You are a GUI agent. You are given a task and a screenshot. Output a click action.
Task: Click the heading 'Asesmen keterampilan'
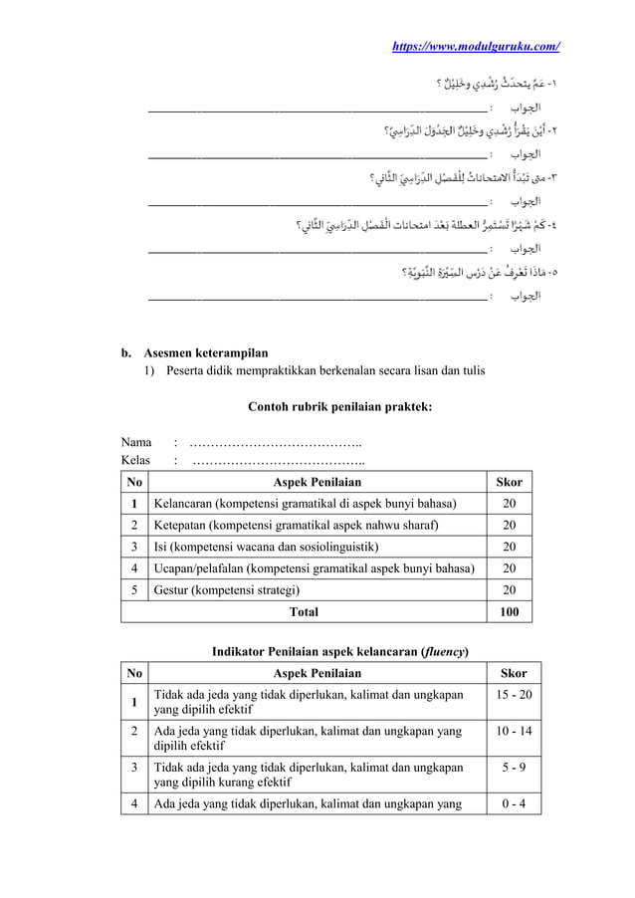[204, 351]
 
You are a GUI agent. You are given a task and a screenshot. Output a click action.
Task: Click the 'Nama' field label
[135, 442]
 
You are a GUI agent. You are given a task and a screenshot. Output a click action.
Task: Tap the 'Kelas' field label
[135, 460]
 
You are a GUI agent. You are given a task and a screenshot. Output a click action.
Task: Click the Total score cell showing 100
[509, 611]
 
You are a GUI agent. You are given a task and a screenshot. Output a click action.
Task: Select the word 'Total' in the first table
[303, 611]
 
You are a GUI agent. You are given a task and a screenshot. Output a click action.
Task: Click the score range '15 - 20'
[509, 693]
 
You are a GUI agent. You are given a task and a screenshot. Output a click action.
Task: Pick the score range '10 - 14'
[509, 732]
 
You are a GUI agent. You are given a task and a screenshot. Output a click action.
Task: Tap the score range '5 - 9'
[509, 769]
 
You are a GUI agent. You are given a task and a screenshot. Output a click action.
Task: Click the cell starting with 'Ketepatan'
[295, 525]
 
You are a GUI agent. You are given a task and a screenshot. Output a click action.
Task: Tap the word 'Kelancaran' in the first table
[183, 504]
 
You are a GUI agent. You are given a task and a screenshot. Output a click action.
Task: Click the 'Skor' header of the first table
[509, 482]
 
